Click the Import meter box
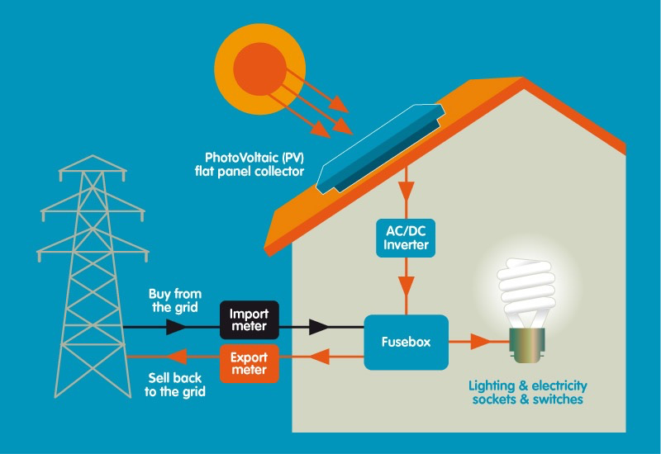point(250,320)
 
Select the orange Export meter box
point(250,364)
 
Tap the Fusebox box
point(405,342)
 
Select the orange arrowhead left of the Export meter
point(174,357)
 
